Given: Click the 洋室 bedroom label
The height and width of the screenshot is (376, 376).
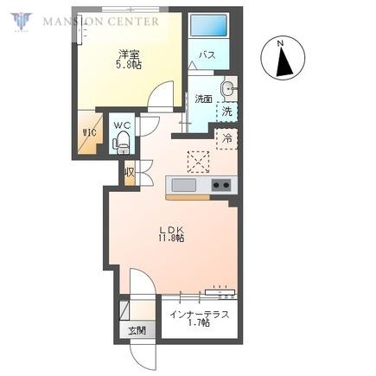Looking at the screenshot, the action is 129,54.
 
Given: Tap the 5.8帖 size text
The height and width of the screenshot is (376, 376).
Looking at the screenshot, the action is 129,65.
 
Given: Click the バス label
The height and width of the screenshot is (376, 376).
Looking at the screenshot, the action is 207,54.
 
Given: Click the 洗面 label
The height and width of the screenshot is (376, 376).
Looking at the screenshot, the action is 203,99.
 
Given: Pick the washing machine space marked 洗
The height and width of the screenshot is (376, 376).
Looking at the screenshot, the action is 227,112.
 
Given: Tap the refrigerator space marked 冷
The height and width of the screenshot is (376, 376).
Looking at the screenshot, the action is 227,139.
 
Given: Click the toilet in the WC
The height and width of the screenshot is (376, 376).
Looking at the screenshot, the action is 121,143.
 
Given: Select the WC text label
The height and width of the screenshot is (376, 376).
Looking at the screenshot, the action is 123,125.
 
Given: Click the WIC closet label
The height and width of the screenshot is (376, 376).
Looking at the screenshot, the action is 89,132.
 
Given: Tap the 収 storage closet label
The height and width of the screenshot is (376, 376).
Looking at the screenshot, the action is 130,173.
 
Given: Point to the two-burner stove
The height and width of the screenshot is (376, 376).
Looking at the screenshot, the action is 221,185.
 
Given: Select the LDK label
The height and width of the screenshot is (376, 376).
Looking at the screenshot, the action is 172,230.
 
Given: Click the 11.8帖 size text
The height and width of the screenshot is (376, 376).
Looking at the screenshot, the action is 171,238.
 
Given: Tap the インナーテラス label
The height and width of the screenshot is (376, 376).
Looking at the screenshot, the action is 200,315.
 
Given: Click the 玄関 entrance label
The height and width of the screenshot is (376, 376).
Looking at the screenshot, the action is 137,331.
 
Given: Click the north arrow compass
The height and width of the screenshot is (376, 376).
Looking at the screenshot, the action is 283,57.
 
